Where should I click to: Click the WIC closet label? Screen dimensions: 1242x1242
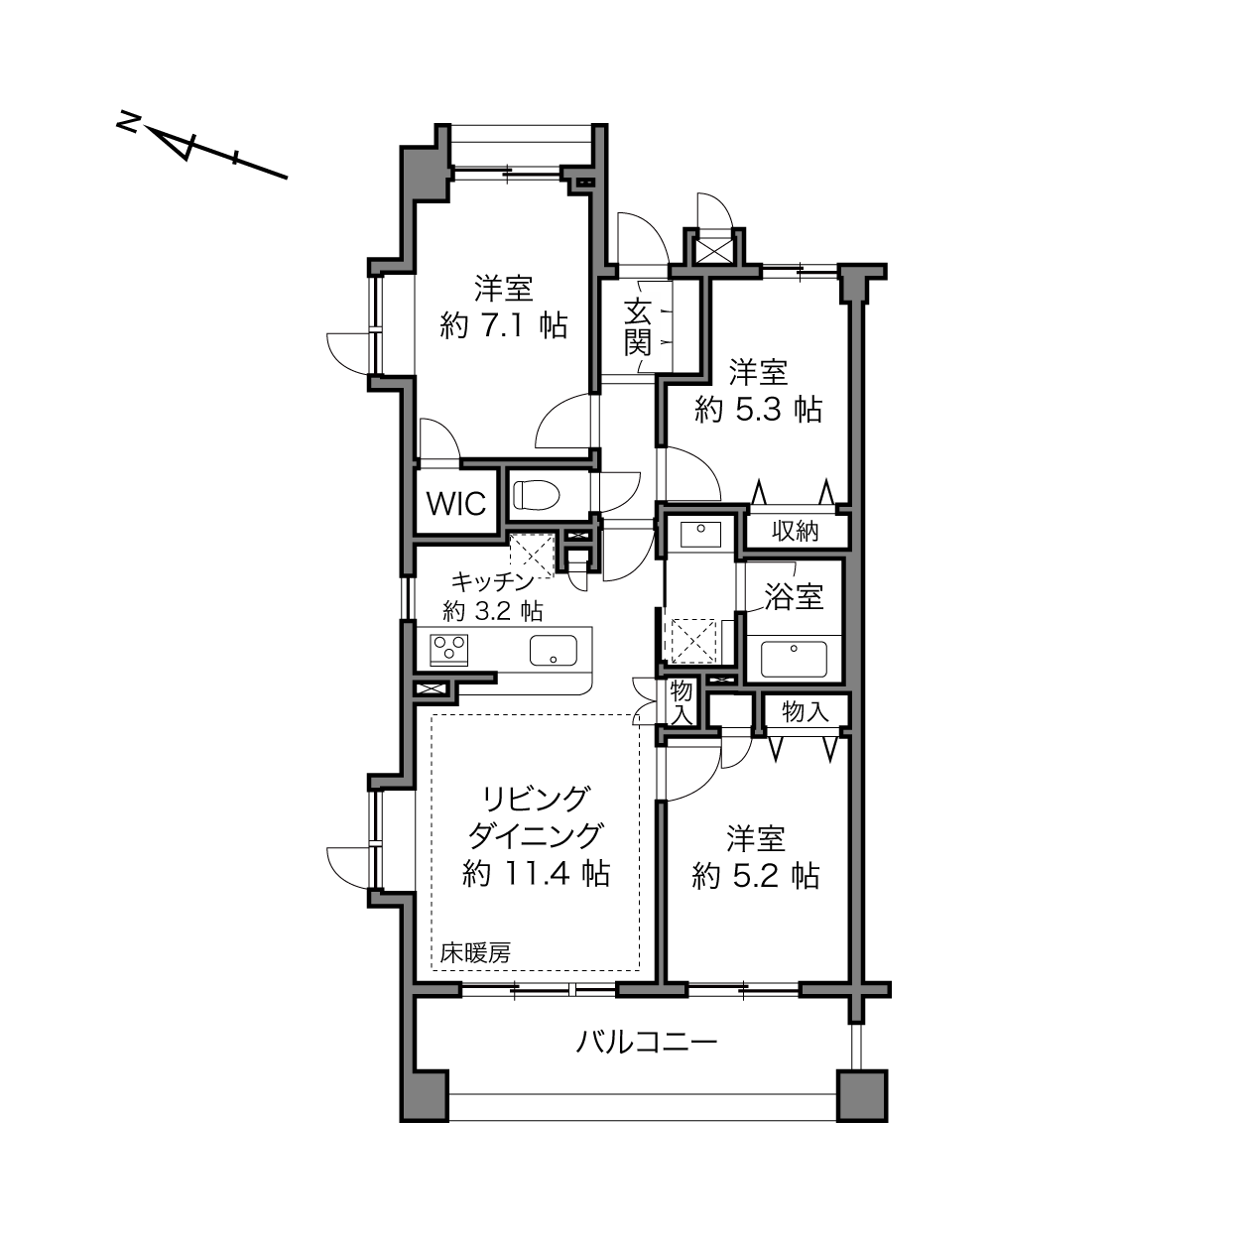455,503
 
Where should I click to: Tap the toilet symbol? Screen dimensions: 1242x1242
537,495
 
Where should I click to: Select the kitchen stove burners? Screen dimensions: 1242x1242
448,650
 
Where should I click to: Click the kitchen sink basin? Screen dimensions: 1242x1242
553,650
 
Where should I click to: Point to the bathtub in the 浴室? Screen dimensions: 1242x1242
794,659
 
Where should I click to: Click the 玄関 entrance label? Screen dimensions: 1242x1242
638,326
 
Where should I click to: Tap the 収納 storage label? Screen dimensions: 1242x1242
796,531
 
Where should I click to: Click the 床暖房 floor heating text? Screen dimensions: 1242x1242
475,952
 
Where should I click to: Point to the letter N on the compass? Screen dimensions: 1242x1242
129,122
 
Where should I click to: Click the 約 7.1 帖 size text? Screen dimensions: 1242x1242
503,326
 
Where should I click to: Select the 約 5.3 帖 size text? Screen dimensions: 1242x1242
758,410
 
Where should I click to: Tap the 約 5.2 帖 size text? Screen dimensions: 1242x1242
755,876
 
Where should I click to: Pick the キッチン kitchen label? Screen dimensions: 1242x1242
491,582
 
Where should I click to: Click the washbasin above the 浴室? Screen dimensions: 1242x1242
700,535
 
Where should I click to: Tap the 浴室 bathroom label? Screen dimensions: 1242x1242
794,597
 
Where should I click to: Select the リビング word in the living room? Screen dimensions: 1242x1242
537,800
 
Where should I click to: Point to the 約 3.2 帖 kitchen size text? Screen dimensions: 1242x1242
492,610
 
